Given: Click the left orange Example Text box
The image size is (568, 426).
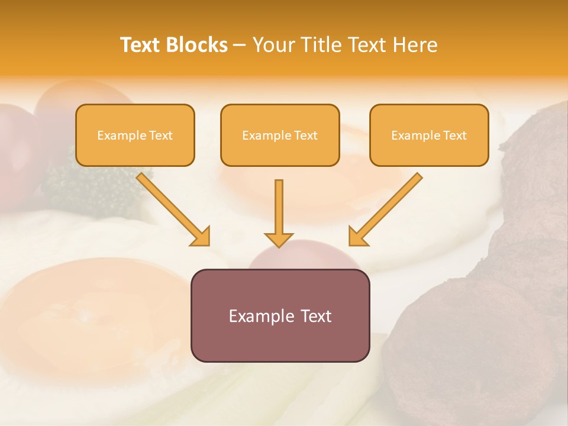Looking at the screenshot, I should click(x=135, y=135).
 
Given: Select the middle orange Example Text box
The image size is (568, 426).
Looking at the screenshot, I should click(x=280, y=135).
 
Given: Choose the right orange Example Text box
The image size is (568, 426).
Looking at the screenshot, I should click(x=429, y=135).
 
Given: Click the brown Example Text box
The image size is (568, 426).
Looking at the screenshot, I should click(x=280, y=315).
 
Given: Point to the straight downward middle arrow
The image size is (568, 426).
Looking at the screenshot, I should click(x=279, y=207).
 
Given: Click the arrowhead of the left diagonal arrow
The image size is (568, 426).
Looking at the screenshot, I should click(x=201, y=237).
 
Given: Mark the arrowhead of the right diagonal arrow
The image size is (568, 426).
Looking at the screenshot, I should click(x=358, y=237).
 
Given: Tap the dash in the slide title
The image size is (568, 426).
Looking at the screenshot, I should click(x=240, y=45).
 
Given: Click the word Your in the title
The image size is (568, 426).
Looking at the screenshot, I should click(x=273, y=45).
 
